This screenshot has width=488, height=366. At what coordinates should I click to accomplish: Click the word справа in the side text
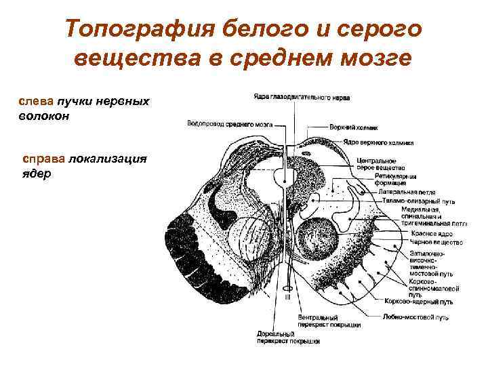(x=43, y=158)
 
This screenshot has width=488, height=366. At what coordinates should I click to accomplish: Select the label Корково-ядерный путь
(x=418, y=302)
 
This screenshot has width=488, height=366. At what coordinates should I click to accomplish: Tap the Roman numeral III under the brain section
(x=287, y=296)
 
